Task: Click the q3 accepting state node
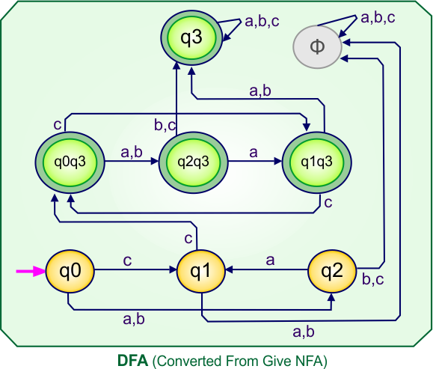pos(192,37)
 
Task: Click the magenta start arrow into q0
pos(31,272)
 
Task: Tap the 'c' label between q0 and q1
pos(127,261)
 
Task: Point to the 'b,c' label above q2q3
pos(165,126)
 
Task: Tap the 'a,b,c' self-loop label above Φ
pos(378,16)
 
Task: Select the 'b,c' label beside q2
pos(373,281)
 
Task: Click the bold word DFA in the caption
pos(133,360)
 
